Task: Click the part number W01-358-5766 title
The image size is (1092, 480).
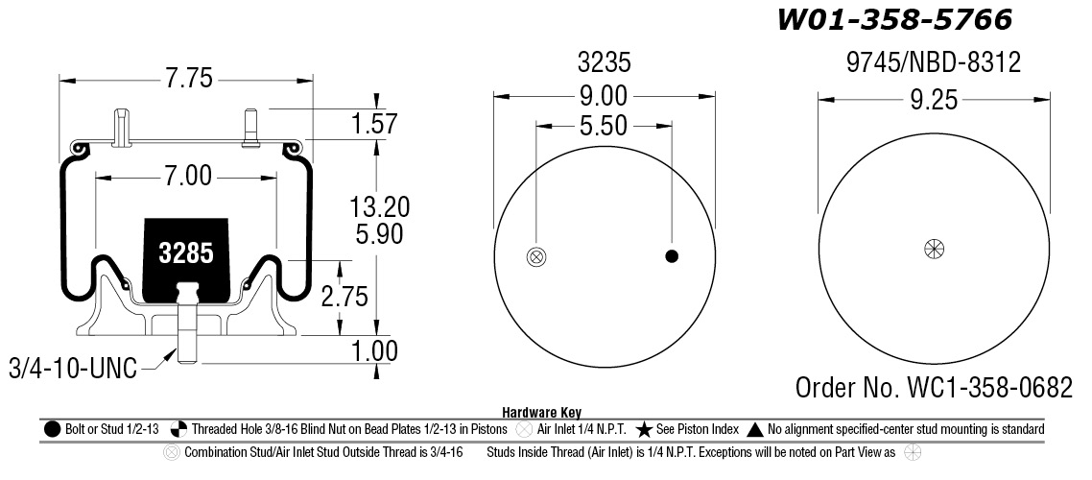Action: (894, 19)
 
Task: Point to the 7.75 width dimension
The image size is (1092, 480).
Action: (188, 78)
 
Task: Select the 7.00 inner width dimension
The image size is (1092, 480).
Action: (187, 176)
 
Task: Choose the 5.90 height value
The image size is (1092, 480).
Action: (379, 234)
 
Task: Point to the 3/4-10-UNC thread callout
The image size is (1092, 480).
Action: (73, 368)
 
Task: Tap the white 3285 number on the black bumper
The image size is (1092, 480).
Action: (186, 253)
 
